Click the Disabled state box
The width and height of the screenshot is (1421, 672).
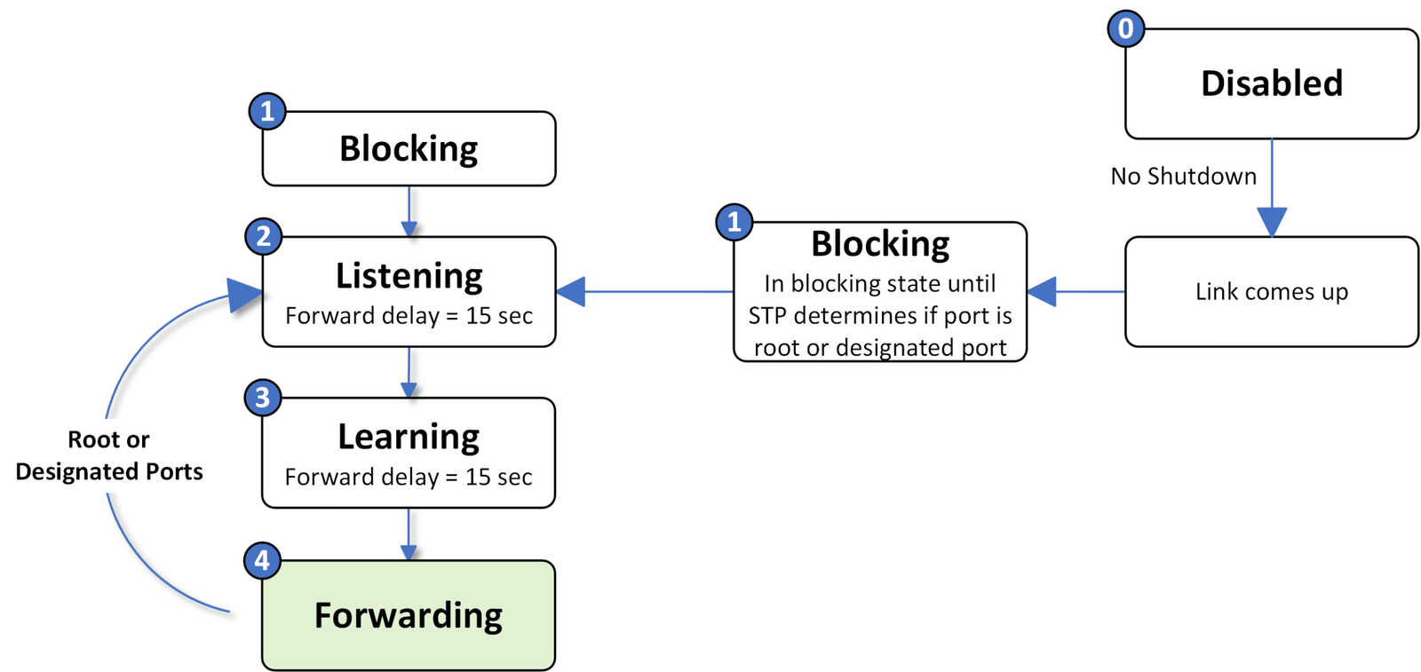pos(1271,83)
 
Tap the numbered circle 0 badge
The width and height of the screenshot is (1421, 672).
pos(1125,28)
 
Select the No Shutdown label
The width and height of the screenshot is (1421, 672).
pos(1183,176)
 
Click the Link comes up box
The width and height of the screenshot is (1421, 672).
pos(1271,291)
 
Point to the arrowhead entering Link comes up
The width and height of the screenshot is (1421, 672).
pos(1272,222)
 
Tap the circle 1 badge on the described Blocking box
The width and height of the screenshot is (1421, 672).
pos(734,221)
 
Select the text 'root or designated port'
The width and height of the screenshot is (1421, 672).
pos(880,347)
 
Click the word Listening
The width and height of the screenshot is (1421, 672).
pos(409,276)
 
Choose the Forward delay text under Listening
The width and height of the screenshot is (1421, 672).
pos(409,316)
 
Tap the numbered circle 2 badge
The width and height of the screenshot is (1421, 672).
pos(263,236)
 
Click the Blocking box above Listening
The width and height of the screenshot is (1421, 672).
pos(409,148)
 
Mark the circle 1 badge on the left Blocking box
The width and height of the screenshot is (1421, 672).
pos(266,112)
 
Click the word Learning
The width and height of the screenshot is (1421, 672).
pos(409,437)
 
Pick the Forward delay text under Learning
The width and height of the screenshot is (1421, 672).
pos(409,477)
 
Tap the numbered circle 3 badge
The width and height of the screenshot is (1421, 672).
pos(262,398)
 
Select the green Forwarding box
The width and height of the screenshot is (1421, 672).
pos(409,615)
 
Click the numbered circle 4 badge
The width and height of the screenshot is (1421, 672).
pos(262,560)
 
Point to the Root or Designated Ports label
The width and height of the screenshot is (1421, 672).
pos(109,455)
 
